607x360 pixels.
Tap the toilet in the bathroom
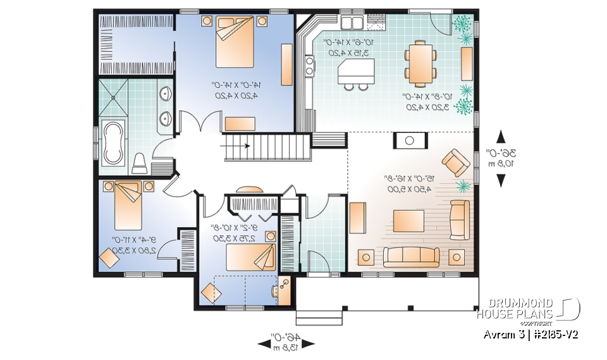(x=140, y=163)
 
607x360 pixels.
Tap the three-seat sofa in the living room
(x=412, y=256)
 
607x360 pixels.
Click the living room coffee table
(x=407, y=221)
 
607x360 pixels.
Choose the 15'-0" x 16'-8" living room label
(x=408, y=183)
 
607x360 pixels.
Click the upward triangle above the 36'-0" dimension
(x=501, y=136)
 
